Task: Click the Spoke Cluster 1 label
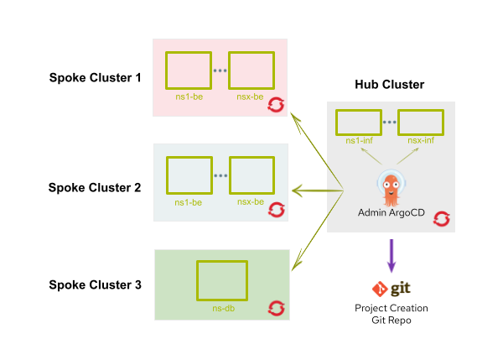tap(94, 79)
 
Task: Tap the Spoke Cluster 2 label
tap(94, 188)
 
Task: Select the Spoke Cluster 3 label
tap(94, 284)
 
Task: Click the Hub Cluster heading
tap(390, 85)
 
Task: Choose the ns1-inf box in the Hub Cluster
tap(359, 123)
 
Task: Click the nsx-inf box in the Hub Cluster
tap(421, 123)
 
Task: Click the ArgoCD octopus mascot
tap(390, 186)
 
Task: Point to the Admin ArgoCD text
tap(390, 213)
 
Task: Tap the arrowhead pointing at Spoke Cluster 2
tap(297, 192)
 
